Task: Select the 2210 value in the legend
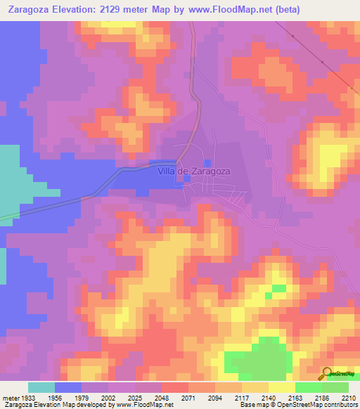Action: click(349, 398)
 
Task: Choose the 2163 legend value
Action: click(295, 398)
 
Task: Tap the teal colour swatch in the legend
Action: click(41, 387)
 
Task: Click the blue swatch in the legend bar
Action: click(68, 387)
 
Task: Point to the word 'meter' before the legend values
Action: click(10, 398)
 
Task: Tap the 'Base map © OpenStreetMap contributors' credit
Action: click(298, 405)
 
